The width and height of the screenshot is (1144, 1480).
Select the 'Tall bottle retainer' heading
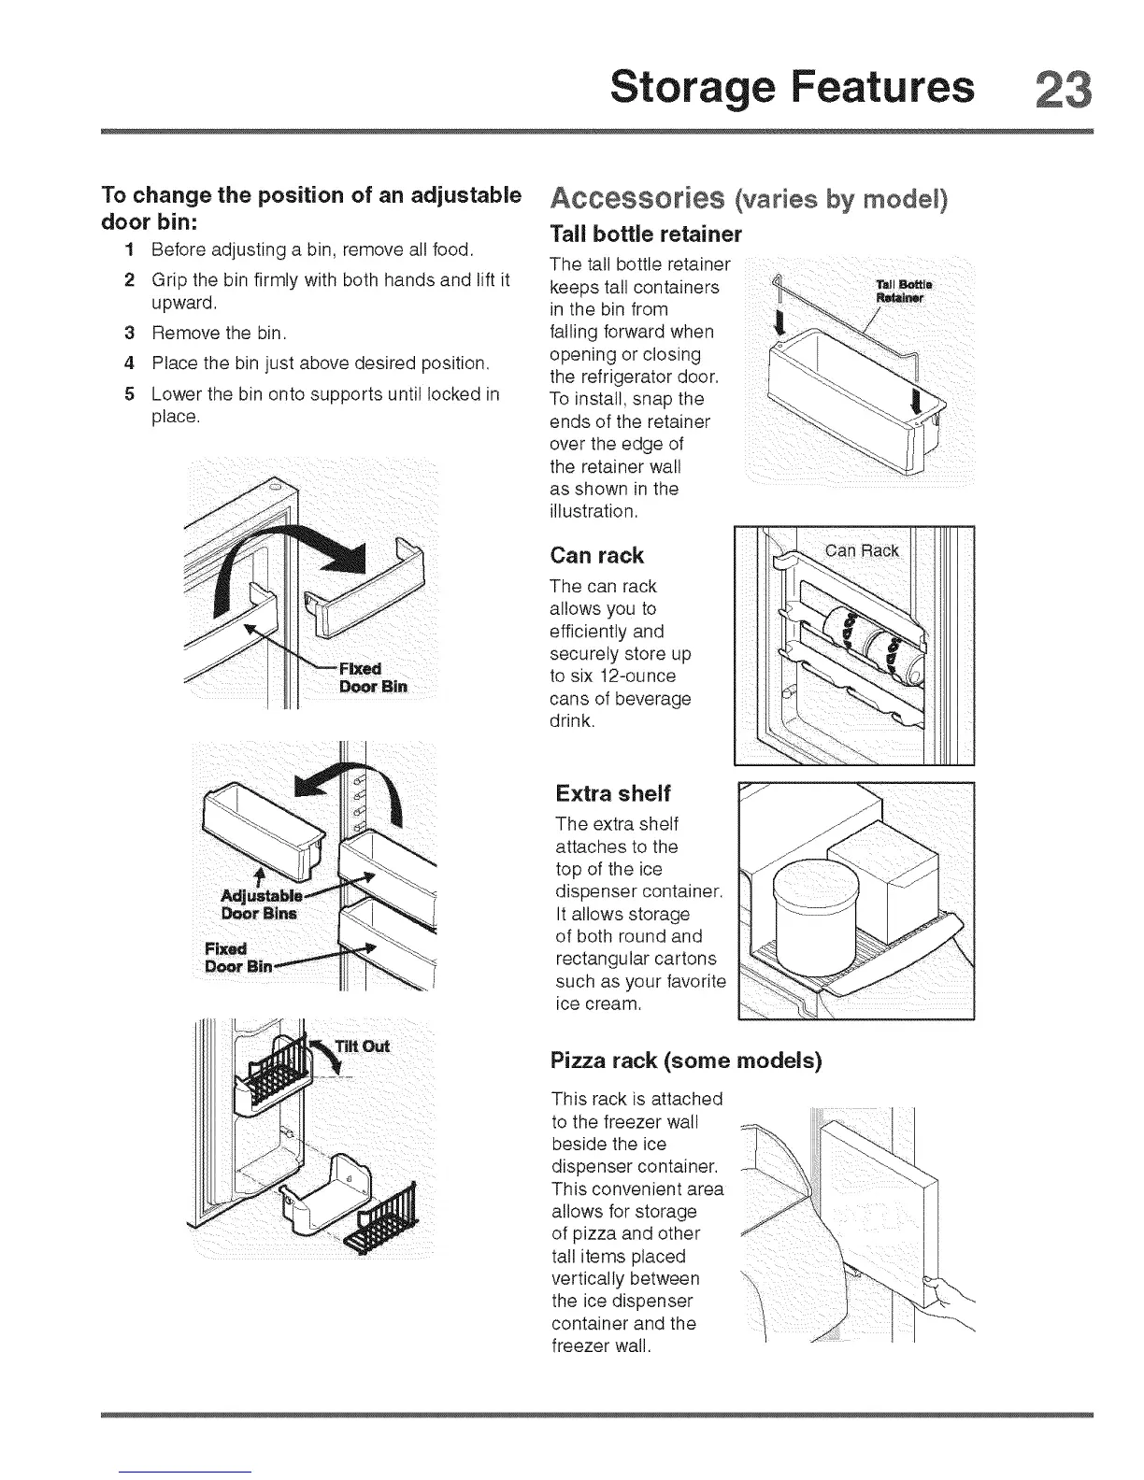(646, 233)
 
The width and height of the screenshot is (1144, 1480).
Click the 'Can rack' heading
(596, 556)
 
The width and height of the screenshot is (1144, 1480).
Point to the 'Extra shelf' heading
(613, 794)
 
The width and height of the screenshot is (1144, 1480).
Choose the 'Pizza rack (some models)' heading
(686, 1061)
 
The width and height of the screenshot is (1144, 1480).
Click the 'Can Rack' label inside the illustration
(862, 550)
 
